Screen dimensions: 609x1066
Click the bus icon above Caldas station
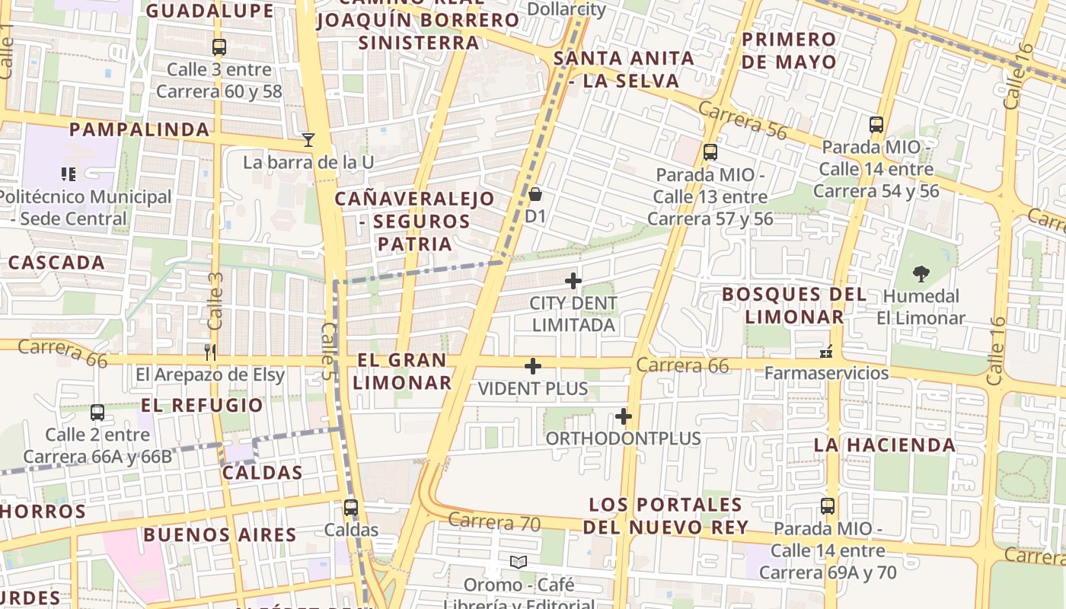click(x=350, y=507)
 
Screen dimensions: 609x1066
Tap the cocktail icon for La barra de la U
click(x=308, y=139)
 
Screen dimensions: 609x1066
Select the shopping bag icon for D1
click(x=535, y=194)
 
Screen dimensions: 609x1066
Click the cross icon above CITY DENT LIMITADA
click(x=573, y=281)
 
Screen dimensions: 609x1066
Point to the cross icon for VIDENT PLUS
click(x=533, y=367)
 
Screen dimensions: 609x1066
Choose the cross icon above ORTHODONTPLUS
click(x=624, y=416)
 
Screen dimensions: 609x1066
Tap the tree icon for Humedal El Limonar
click(x=921, y=274)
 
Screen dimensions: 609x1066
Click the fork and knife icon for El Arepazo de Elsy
click(x=210, y=352)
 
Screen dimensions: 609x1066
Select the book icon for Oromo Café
click(x=519, y=562)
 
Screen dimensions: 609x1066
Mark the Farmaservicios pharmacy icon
click(x=826, y=351)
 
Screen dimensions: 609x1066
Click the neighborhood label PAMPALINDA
click(x=139, y=129)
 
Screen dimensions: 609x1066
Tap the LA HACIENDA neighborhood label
click(x=885, y=445)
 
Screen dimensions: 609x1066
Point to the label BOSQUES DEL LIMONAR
click(x=794, y=305)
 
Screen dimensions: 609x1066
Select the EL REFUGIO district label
click(x=202, y=405)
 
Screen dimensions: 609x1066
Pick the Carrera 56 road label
click(x=742, y=120)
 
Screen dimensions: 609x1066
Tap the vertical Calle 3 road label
click(x=215, y=301)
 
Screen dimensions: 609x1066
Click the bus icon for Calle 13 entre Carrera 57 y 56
click(x=710, y=152)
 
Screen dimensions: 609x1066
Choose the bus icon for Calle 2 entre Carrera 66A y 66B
click(x=97, y=413)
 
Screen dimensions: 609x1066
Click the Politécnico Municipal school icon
click(x=69, y=174)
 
